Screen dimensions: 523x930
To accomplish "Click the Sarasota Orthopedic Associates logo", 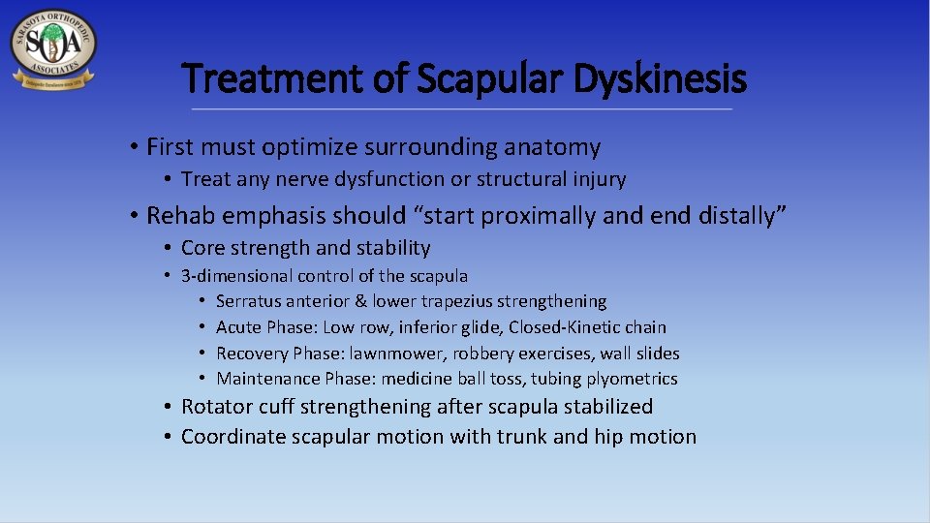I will tap(53, 49).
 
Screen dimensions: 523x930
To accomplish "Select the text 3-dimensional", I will tap(236, 276).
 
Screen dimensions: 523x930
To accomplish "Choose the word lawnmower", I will tap(393, 354).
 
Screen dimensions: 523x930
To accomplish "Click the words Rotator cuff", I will tap(230, 407).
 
